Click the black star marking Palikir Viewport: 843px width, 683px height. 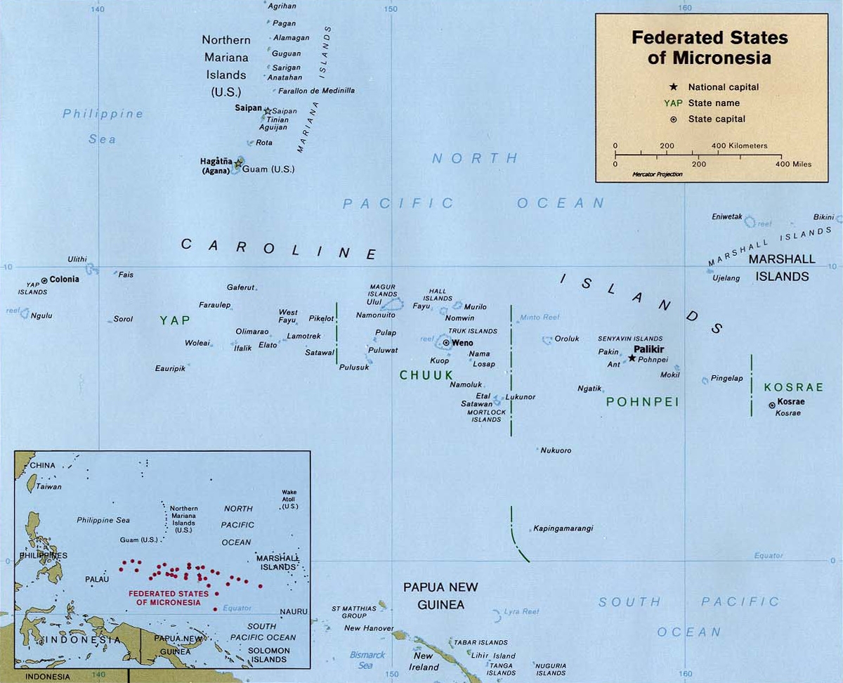632,358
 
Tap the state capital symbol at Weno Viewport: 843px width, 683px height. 446,343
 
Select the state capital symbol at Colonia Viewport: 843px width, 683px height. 45,280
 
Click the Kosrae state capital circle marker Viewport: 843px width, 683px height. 772,405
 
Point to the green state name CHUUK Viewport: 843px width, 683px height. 426,375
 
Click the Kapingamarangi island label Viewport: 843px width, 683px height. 563,528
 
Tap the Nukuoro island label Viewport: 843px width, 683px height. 556,450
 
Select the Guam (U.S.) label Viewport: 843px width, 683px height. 268,169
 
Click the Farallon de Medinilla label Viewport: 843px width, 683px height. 317,91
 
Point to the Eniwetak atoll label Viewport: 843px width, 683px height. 726,217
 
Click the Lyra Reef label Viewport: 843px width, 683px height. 521,612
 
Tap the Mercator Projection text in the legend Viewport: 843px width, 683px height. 657,174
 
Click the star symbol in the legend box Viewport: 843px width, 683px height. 673,87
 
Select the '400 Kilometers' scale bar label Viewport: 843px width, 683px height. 739,146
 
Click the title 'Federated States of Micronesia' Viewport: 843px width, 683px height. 710,47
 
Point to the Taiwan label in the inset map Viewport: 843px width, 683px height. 49,486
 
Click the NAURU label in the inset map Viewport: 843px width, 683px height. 294,612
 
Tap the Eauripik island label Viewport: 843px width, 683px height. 170,368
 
